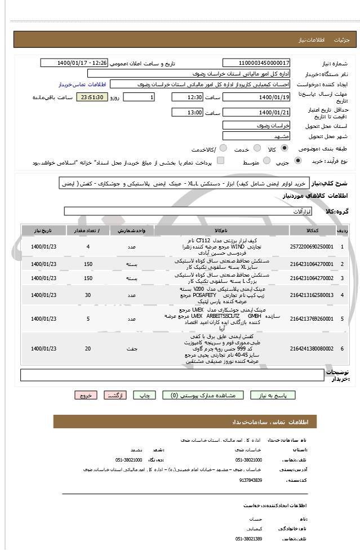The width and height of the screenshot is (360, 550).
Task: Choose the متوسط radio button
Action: (266, 161)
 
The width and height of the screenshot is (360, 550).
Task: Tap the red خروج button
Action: (86, 396)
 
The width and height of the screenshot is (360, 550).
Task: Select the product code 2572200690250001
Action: (312, 247)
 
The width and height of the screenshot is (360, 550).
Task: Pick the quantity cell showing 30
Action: (88, 295)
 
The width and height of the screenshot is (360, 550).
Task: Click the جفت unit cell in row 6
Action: (132, 349)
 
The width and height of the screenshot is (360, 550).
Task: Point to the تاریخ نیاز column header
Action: (44, 231)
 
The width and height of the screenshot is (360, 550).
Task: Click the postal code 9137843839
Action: (251, 480)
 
